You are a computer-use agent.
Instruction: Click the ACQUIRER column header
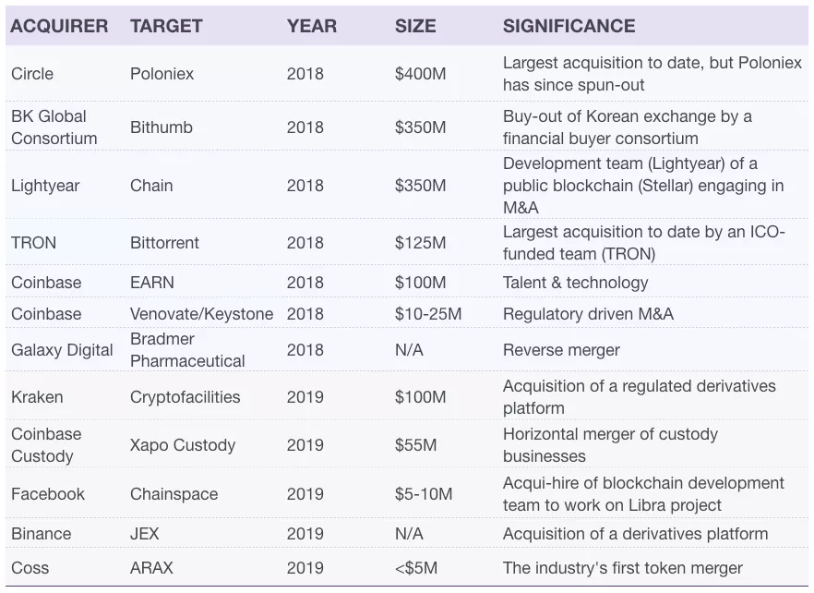59,26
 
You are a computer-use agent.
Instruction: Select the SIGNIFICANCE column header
569,26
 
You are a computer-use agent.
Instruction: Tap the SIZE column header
415,26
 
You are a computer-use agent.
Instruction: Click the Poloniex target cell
162,74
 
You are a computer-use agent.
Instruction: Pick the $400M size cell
420,74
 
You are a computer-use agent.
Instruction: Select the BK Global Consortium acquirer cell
54,127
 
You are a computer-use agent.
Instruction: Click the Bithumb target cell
161,127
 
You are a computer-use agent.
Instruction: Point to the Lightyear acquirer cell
45,186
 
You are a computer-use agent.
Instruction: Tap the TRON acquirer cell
33,243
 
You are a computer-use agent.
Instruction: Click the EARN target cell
152,283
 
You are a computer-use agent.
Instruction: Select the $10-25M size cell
428,314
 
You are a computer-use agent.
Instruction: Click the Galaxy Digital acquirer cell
62,350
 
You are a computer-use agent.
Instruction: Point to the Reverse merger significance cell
561,350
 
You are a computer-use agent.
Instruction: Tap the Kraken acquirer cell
37,397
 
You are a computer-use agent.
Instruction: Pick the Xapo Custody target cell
183,445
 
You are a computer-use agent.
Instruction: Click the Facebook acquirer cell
48,494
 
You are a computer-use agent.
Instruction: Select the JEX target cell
145,534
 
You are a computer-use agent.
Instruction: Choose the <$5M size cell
416,568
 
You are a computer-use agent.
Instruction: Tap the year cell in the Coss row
305,568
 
